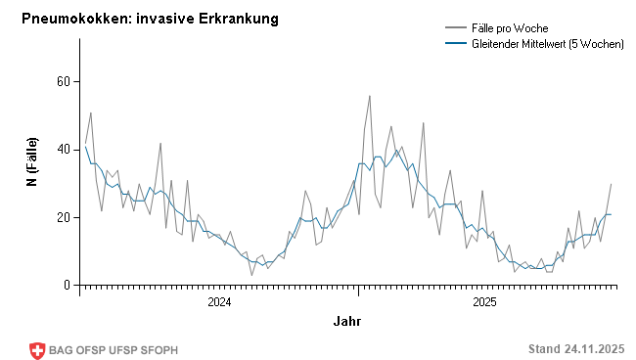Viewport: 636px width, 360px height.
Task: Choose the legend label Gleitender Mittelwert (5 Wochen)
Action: point(548,44)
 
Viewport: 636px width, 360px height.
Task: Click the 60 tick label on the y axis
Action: point(62,81)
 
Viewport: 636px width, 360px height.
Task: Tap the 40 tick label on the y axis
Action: point(62,149)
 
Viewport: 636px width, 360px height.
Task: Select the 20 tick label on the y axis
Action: point(62,217)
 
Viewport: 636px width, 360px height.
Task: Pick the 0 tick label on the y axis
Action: point(66,285)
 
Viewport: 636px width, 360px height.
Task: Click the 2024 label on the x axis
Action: point(220,302)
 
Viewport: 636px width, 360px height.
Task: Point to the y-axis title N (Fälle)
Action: point(32,161)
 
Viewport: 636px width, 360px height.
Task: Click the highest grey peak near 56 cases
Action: point(370,96)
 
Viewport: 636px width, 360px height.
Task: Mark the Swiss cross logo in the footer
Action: point(37,350)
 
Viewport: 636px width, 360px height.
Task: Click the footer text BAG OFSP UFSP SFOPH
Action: point(114,350)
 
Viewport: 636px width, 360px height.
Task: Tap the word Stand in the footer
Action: point(544,349)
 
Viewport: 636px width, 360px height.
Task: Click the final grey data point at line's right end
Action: point(612,184)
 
